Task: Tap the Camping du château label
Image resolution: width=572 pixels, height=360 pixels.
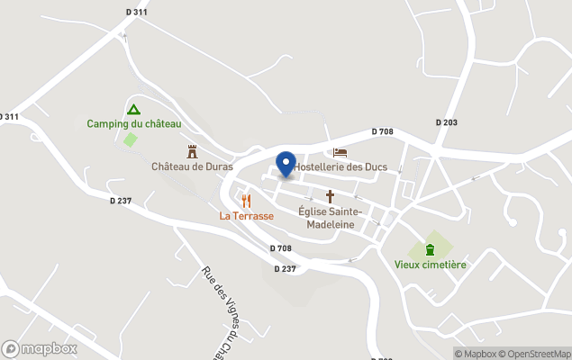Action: click(134, 124)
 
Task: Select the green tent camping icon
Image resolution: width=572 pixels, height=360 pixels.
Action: click(134, 109)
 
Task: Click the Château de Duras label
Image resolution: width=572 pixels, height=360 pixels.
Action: click(192, 166)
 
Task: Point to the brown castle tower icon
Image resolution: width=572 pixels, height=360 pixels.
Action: click(192, 151)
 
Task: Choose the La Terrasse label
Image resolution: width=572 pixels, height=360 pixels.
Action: click(246, 216)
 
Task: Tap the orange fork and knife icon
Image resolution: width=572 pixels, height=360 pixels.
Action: click(247, 201)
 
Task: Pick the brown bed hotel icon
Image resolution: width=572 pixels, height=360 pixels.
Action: click(340, 152)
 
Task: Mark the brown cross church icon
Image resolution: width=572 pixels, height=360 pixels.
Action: click(330, 195)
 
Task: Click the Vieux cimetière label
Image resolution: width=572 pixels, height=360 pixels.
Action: click(431, 265)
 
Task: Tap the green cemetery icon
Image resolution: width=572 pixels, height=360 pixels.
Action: click(431, 249)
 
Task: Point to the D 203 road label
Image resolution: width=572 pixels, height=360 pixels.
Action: click(447, 122)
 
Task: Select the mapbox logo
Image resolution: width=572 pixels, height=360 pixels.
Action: click(40, 348)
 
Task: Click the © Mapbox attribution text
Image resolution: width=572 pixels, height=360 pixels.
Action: click(475, 354)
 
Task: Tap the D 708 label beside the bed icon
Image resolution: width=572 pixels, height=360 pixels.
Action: click(382, 132)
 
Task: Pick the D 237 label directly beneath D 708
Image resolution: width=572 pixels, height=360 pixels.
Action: click(285, 268)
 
